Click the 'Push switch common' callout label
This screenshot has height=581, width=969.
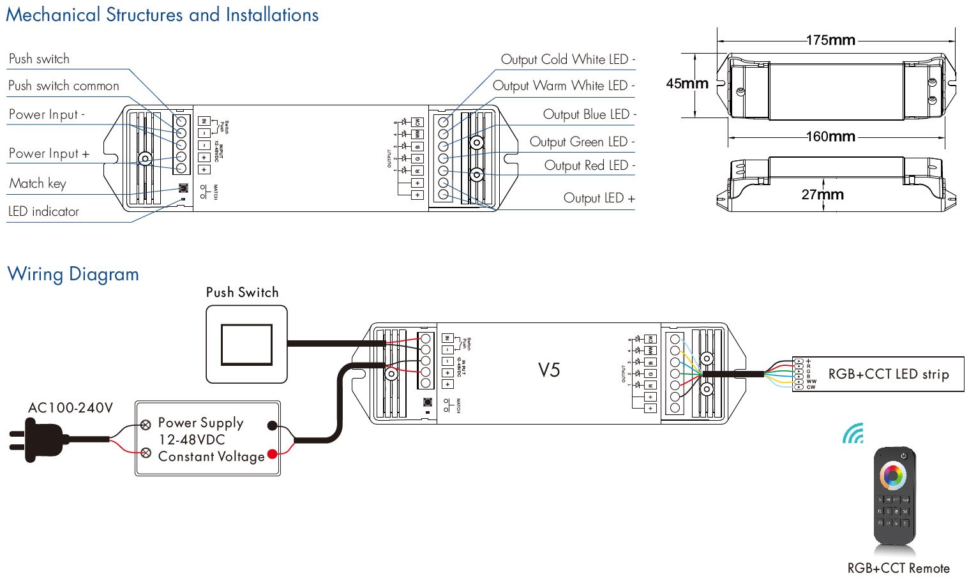coord(63,86)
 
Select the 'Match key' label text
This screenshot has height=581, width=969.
coord(37,183)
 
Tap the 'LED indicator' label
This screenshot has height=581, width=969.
coord(43,211)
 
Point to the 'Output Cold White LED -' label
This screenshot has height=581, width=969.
coord(567,59)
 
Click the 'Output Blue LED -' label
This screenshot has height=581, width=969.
coord(589,114)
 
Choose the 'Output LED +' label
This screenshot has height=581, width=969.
coord(599,198)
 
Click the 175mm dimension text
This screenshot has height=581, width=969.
coord(830,40)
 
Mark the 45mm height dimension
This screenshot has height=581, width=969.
coord(687,84)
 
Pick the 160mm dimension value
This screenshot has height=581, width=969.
coord(830,137)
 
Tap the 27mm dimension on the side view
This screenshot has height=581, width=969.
coord(822,195)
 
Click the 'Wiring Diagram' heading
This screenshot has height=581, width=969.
coord(73,274)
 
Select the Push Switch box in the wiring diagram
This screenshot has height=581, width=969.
coord(246,344)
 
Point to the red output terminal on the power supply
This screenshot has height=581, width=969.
coord(273,454)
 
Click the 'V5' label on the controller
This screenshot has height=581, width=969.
coord(548,370)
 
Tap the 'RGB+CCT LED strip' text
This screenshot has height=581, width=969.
coord(888,374)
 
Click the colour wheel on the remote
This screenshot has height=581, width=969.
coord(893,476)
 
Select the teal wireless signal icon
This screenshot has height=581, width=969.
coord(853,434)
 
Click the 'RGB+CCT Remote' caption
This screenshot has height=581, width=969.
coord(898,568)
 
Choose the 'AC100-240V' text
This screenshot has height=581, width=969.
coord(70,408)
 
